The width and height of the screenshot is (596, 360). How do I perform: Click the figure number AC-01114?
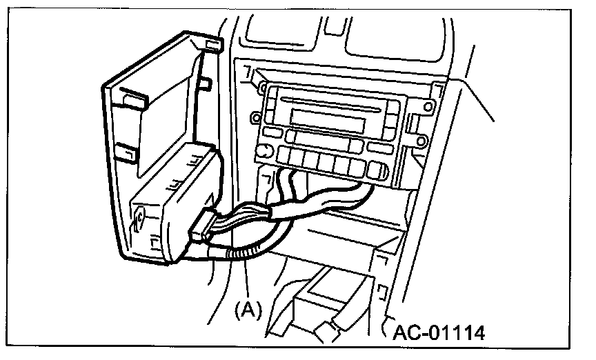[x=438, y=332]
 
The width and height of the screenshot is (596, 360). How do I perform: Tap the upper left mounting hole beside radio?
[x=263, y=88]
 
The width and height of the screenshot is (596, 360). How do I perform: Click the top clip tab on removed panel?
[x=213, y=45]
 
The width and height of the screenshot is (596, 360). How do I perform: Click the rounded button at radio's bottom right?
[x=377, y=171]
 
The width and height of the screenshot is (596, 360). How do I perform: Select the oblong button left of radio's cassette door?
[x=273, y=132]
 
